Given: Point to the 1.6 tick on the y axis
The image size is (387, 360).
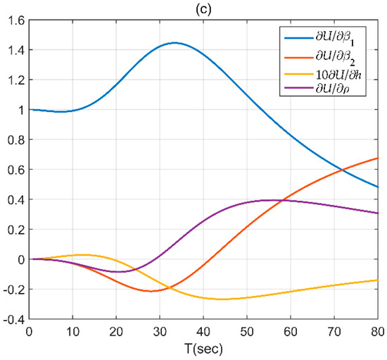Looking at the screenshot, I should [x=15, y=20].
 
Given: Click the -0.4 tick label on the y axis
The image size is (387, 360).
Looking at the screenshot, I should [x=13, y=319].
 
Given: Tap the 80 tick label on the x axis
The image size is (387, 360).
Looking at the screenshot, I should [x=377, y=330].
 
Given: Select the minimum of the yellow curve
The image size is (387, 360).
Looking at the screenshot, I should [x=222, y=299].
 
